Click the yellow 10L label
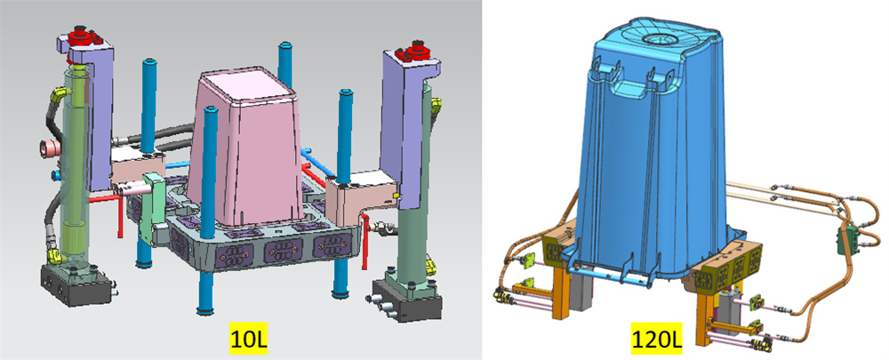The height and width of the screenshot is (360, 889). pos(248,339)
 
